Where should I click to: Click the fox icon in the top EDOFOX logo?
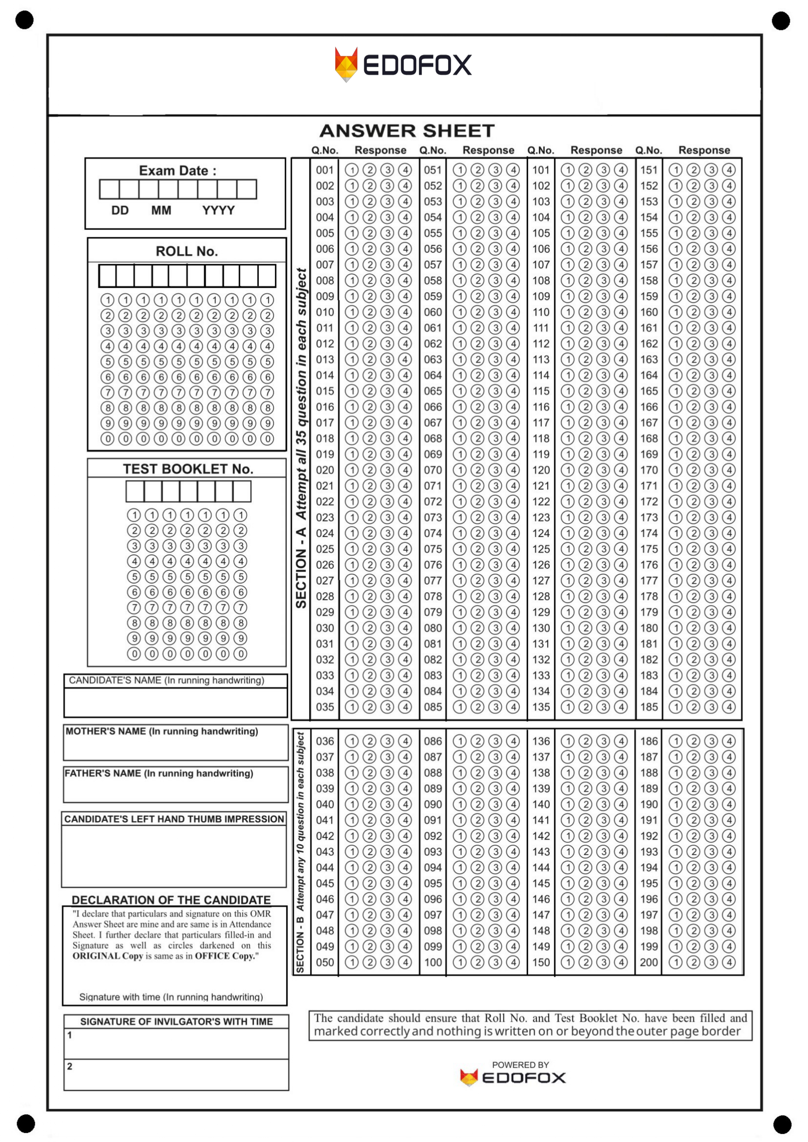click(346, 64)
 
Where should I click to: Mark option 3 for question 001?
click(387, 170)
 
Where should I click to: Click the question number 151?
click(649, 170)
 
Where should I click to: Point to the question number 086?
click(432, 741)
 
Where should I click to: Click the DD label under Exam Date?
click(120, 210)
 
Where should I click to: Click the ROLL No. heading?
click(187, 251)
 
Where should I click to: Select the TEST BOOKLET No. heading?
click(188, 469)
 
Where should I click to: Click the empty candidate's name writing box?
click(176, 702)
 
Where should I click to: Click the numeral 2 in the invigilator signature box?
click(70, 1066)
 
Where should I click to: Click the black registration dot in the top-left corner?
click(24, 20)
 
